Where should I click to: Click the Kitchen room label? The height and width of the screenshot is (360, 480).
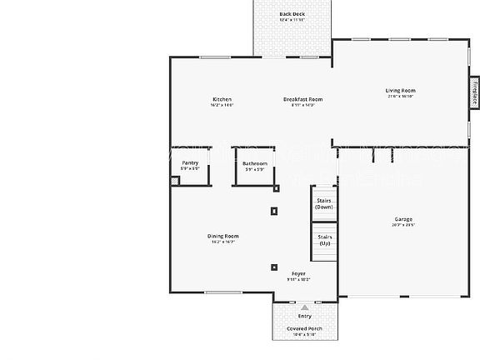222,100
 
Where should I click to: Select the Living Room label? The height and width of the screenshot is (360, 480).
400,91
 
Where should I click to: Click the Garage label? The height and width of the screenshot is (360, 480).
403,220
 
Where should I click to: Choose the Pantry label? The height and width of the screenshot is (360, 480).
190,163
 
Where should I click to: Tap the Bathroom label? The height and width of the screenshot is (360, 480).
255,163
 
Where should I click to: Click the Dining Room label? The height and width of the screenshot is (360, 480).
222,237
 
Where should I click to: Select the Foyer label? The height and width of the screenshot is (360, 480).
298,274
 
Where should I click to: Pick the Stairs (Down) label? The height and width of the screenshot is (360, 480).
325,203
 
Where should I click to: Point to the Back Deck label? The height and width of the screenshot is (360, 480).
292,14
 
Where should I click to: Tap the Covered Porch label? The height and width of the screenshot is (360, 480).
304,329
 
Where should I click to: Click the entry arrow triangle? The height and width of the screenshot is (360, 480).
304,307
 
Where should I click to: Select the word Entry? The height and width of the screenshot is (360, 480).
304,317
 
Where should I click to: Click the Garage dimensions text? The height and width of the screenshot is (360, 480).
403,226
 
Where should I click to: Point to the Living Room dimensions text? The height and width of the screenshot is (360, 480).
400,97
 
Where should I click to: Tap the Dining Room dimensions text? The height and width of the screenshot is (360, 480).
222,242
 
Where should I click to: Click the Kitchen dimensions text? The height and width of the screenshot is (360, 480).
222,106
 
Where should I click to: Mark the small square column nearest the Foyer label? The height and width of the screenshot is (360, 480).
274,267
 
